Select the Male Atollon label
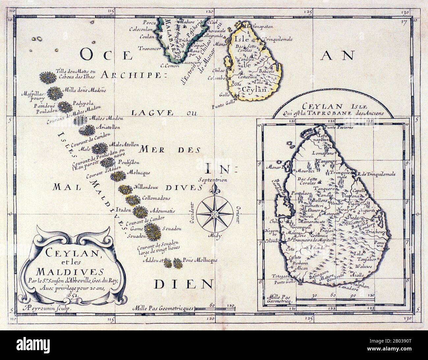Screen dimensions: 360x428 tap(125, 145)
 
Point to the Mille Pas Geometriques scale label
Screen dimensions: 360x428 tap(163, 309)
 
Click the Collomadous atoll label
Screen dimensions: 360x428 tap(156, 198)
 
